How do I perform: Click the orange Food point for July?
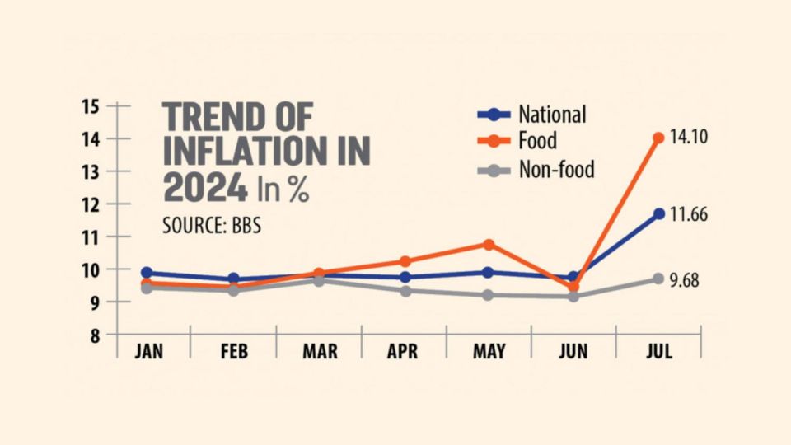click(x=658, y=138)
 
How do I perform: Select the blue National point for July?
click(x=658, y=213)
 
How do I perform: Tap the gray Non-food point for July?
click(x=658, y=279)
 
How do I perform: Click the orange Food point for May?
click(x=489, y=244)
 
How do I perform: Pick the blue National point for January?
click(x=147, y=272)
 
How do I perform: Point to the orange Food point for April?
click(x=404, y=261)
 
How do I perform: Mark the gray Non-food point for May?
click(x=489, y=295)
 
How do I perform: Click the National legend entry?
click(x=551, y=115)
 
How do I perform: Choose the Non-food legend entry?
click(x=556, y=170)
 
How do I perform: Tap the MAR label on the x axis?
click(x=319, y=353)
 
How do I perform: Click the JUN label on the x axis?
click(x=573, y=353)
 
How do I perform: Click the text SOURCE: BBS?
click(x=212, y=225)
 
